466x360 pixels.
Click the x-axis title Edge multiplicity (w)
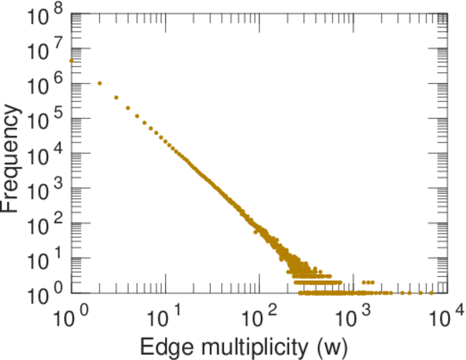pos(244,347)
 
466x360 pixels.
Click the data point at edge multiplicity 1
pos(71,61)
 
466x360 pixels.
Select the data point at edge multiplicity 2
pos(100,83)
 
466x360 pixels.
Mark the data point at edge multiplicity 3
pos(116,97)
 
